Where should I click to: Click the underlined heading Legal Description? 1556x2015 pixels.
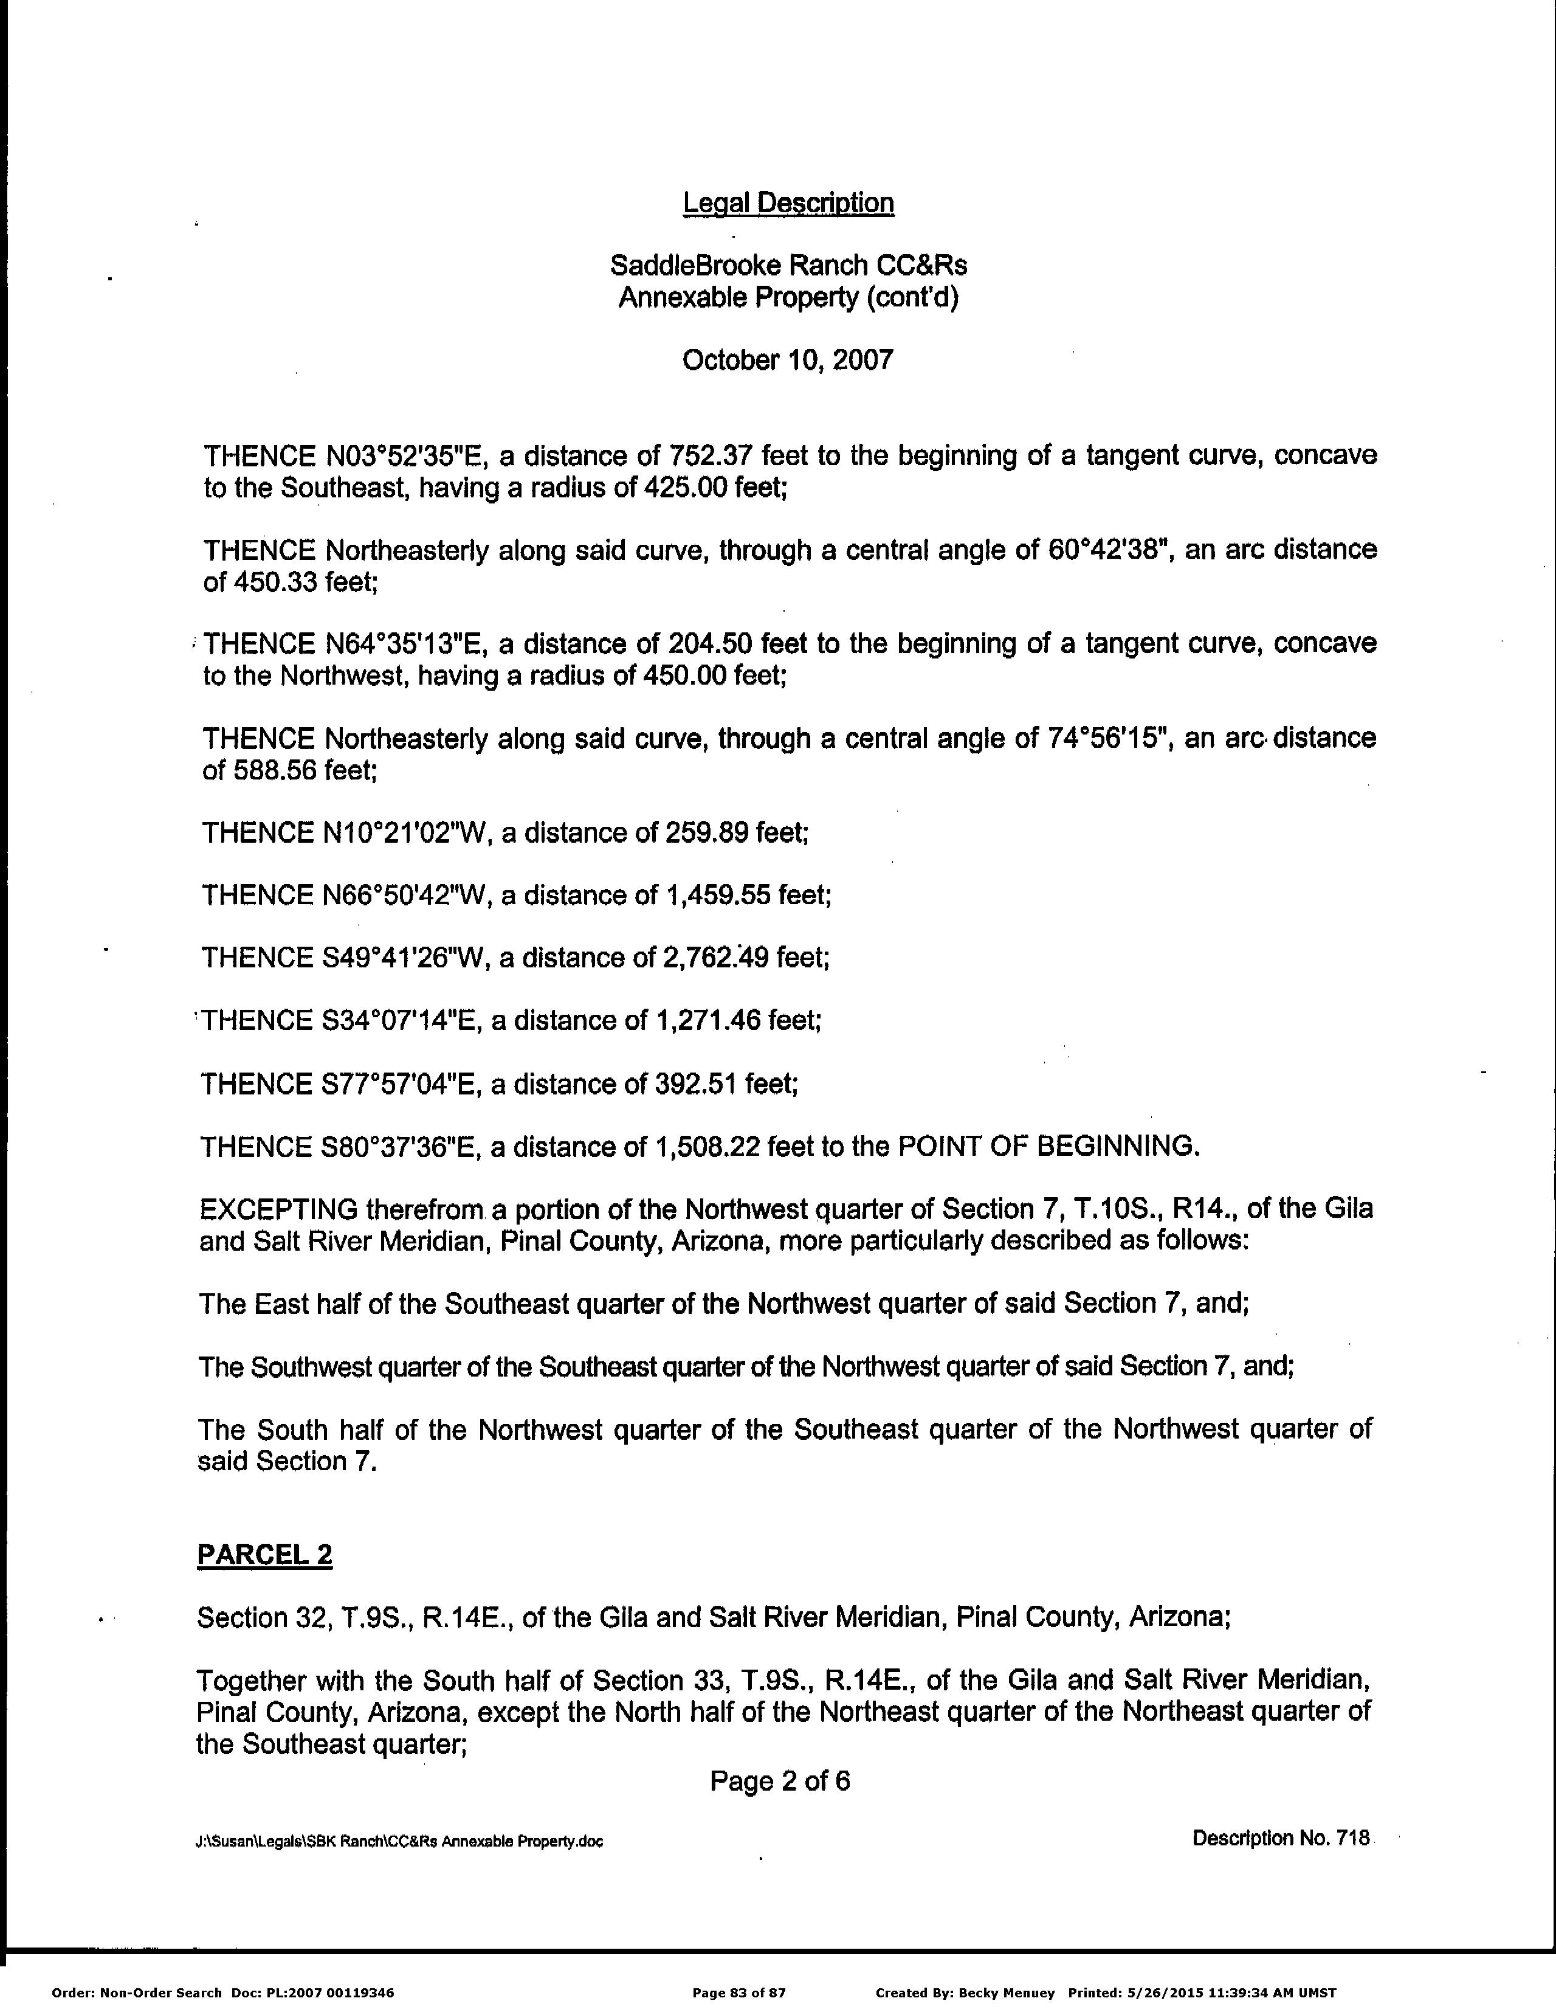click(x=788, y=203)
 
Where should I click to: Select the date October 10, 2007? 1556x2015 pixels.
click(x=788, y=360)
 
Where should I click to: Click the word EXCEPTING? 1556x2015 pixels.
click(x=278, y=1209)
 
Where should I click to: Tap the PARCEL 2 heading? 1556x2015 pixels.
click(x=265, y=1555)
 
